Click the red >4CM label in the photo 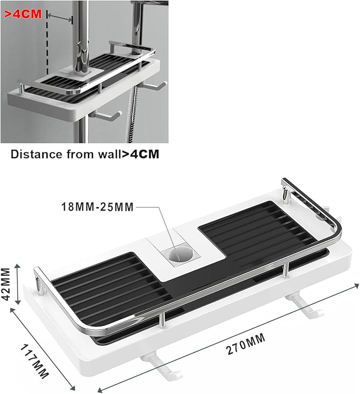click(23, 14)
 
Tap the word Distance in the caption click(37, 154)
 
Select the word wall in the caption click(110, 154)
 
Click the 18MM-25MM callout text click(97, 207)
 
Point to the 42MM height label click(5, 284)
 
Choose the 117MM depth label click(34, 361)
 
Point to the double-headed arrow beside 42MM click(17, 284)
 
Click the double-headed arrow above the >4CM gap click(60, 17)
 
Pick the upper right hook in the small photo click(153, 85)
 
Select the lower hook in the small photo click(105, 115)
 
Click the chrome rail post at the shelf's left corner click(40, 285)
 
